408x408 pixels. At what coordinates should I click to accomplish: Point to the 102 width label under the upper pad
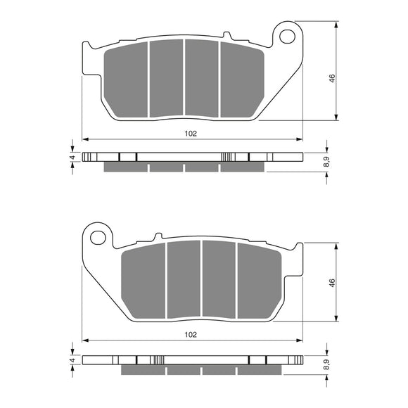click(191, 133)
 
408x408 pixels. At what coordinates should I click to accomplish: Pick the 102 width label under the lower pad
click(191, 335)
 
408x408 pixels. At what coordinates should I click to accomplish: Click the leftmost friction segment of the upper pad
click(126, 79)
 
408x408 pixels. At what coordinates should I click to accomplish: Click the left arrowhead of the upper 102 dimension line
click(85, 139)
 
